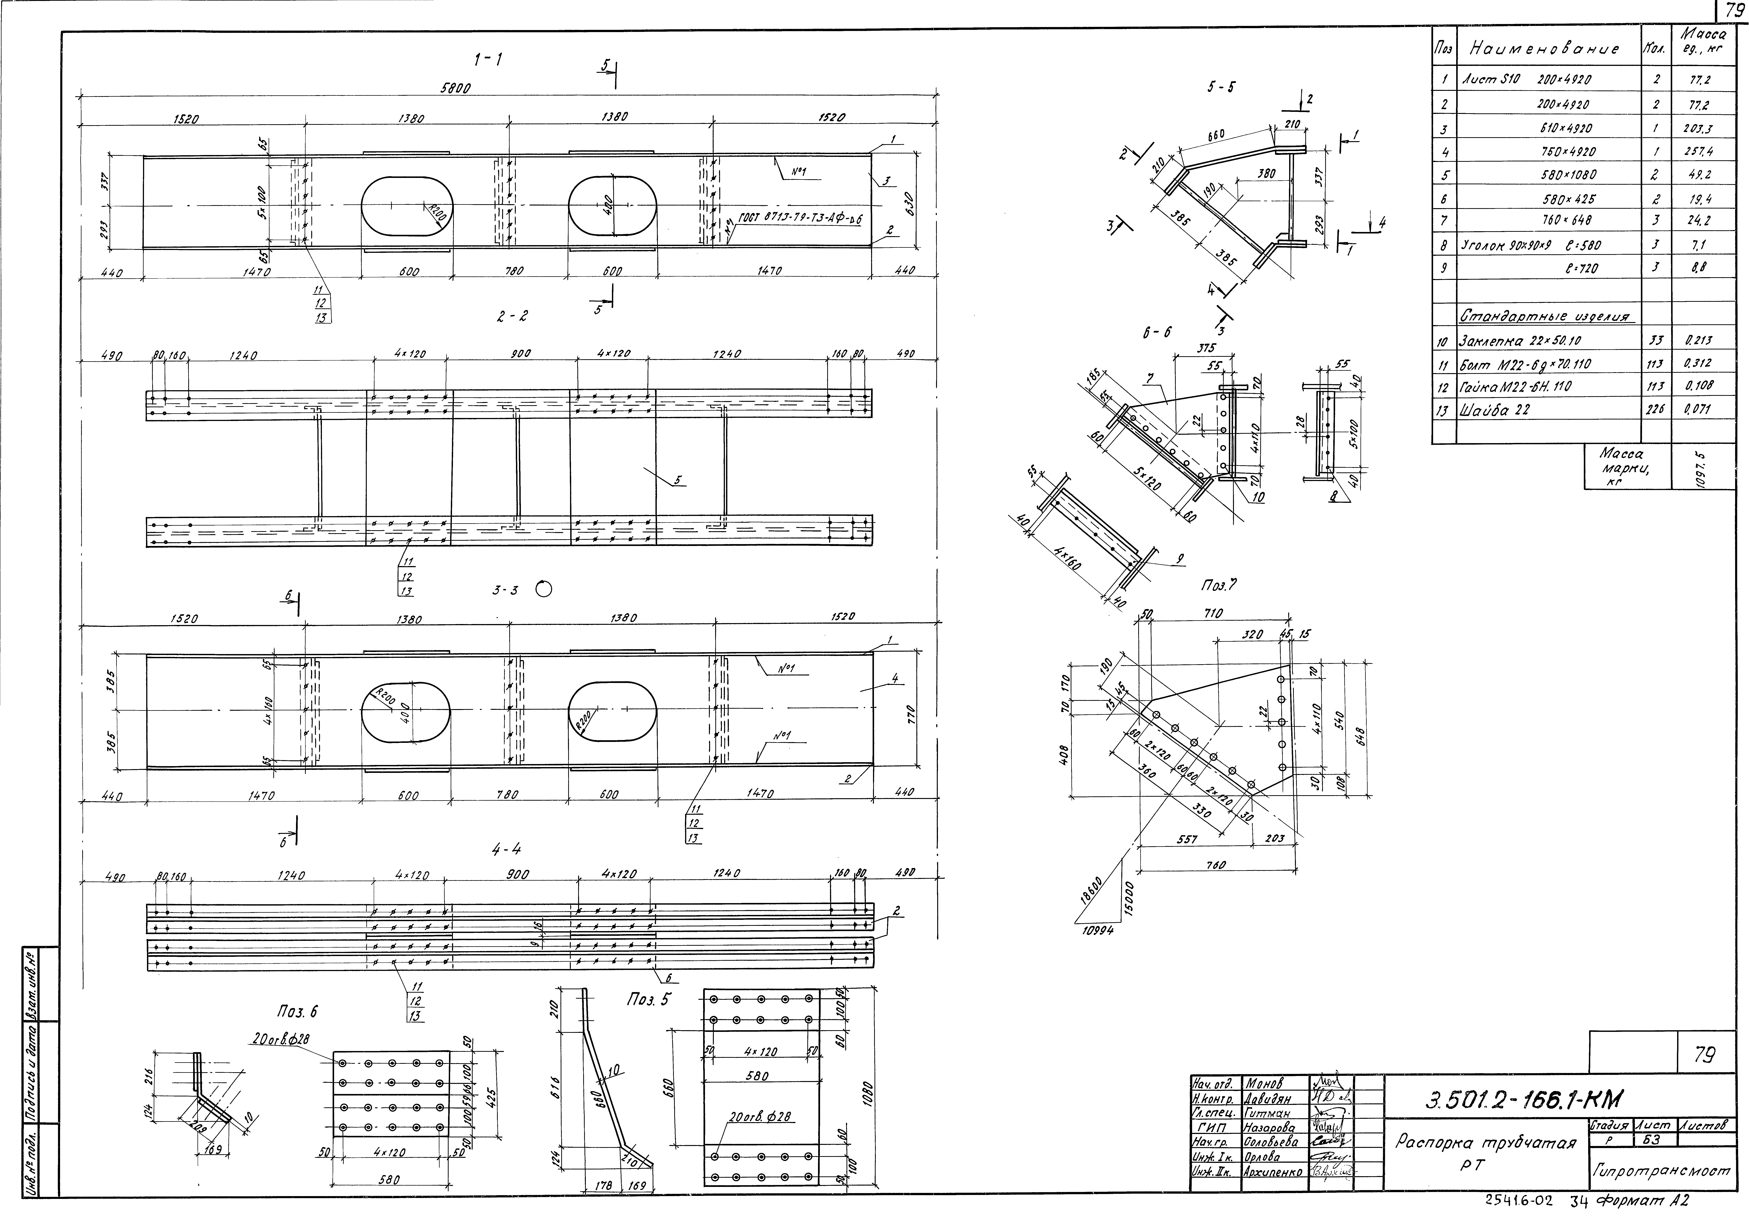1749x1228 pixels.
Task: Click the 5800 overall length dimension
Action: click(x=456, y=88)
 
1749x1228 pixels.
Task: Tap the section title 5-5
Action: click(x=1221, y=88)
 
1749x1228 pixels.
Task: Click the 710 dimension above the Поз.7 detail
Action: click(x=1213, y=613)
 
